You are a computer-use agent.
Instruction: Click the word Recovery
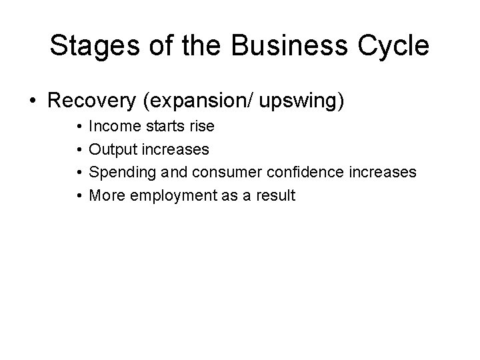[94, 101]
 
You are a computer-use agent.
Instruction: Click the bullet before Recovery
[32, 101]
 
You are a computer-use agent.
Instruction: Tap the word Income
[111, 125]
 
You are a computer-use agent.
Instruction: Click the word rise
[201, 125]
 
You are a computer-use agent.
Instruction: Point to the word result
[275, 196]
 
